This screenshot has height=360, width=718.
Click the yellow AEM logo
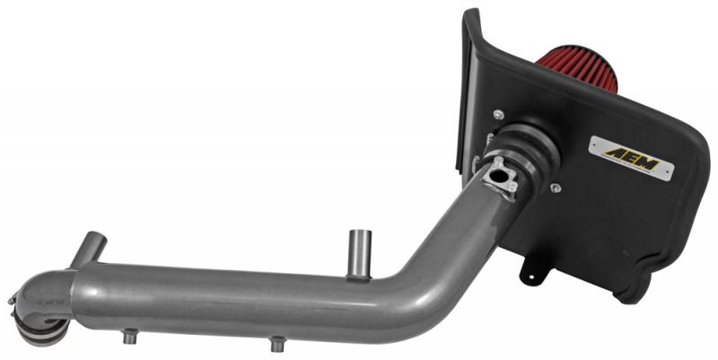coord(632,159)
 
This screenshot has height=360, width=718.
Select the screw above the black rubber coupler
coord(499,115)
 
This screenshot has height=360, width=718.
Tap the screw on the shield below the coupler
coord(556,188)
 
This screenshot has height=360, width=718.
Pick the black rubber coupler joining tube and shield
coord(527,154)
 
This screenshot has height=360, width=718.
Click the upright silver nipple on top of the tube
coord(360,254)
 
